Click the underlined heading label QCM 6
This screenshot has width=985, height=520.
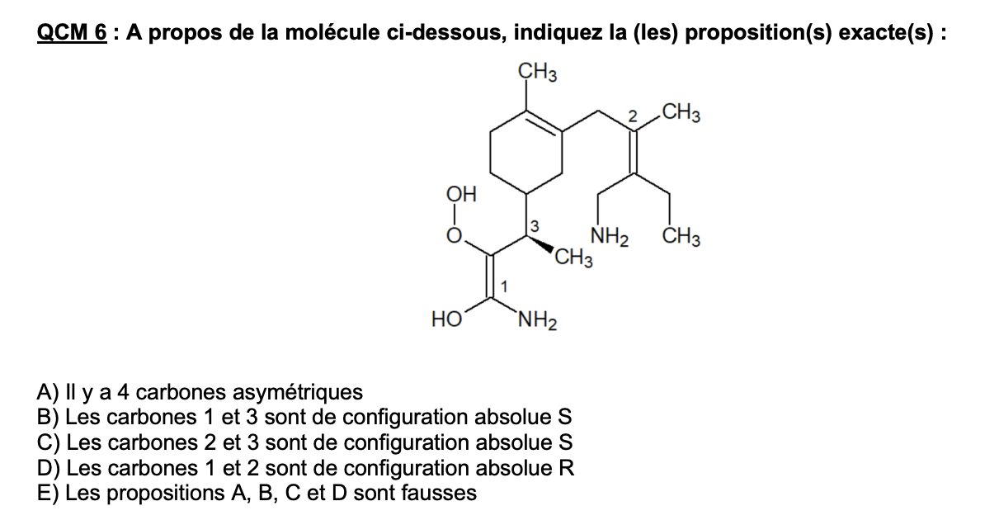(72, 32)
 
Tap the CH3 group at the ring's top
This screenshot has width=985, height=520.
(537, 72)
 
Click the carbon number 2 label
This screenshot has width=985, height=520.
(633, 116)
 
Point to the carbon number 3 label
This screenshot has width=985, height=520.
(534, 225)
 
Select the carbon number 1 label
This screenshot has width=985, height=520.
(503, 286)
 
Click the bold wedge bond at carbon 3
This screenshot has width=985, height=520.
(541, 244)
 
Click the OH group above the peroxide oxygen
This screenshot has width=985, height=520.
(461, 194)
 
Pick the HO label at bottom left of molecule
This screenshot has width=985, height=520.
(446, 319)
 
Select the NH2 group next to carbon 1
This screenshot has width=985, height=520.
(538, 321)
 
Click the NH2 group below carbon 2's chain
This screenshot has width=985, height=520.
(610, 237)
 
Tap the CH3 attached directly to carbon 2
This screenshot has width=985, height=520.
(681, 113)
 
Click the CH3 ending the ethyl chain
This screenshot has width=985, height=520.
(681, 237)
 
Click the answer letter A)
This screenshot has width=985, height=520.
(48, 392)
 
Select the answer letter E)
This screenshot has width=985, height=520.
(48, 492)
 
